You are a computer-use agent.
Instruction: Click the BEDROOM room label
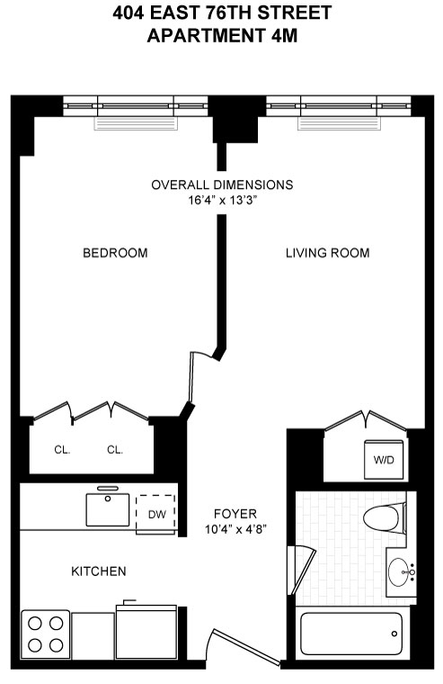click(115, 253)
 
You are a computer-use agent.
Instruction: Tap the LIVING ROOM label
click(327, 253)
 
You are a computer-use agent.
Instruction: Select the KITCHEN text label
click(99, 571)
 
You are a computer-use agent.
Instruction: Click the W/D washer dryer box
click(384, 459)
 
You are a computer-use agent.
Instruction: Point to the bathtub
click(350, 635)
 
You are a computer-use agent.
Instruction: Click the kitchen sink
click(108, 508)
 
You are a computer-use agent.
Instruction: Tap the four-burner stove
click(46, 634)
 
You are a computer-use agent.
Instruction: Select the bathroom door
click(304, 565)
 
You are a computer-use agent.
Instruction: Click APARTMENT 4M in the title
click(221, 37)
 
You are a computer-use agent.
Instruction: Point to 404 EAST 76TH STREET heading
click(221, 13)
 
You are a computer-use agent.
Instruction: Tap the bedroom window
click(135, 106)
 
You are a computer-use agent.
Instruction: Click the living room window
click(338, 106)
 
